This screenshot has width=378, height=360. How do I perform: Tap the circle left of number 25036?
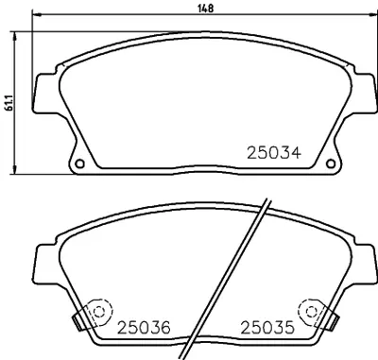[x=96, y=313]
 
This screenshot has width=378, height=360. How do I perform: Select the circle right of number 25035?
[x=309, y=313]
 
